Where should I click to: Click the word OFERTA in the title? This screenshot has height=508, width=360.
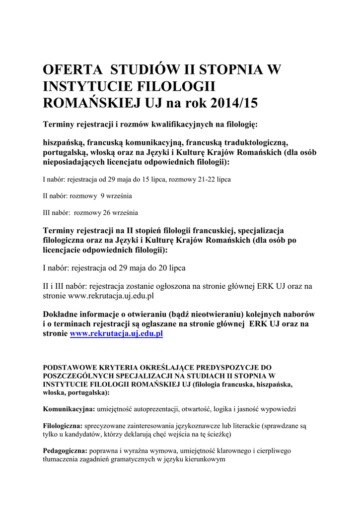tap(72, 69)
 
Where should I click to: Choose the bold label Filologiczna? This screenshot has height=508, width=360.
tap(63, 426)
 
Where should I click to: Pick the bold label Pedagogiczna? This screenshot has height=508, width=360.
tap(65, 451)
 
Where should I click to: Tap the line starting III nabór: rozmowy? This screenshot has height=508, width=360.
tap(90, 213)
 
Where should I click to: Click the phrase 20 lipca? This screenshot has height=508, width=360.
tap(172, 268)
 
